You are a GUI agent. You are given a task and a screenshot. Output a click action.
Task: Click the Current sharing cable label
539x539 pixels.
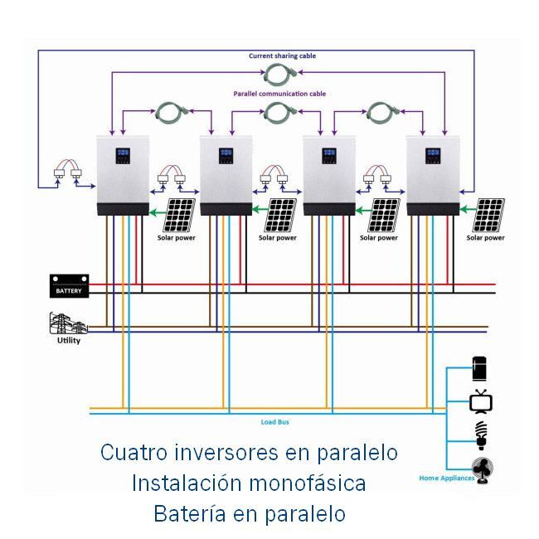(x=282, y=56)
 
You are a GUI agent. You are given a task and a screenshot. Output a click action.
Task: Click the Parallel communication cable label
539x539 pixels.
(x=279, y=95)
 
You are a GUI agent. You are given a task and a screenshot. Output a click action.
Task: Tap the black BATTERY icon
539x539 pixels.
(x=68, y=286)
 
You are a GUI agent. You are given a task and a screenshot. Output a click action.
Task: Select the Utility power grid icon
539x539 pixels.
(x=67, y=323)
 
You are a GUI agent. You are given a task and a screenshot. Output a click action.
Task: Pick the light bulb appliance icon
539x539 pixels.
(x=481, y=434)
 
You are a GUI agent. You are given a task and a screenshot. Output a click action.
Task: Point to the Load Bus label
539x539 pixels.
(x=274, y=422)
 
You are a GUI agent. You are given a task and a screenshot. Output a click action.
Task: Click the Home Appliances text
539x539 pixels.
(x=446, y=478)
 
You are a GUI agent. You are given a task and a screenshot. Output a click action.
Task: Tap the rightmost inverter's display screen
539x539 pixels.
(x=432, y=154)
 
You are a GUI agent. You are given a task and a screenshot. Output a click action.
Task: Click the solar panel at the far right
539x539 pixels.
(x=488, y=216)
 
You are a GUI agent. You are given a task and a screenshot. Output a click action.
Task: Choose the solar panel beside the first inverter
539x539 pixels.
(x=179, y=216)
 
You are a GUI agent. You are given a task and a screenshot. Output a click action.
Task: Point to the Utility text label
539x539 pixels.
(x=69, y=341)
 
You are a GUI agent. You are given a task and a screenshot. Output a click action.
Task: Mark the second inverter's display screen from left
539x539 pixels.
(x=225, y=154)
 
